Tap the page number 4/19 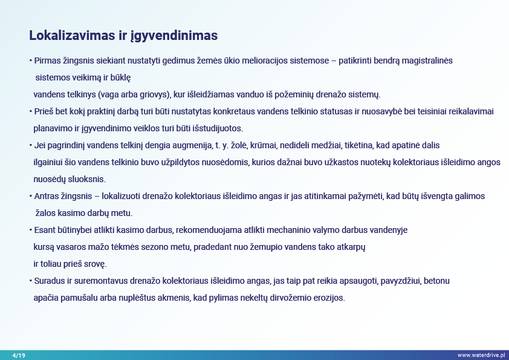(19, 355)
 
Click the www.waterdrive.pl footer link (481, 355)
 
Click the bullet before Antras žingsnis (31, 196)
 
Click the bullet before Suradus (31, 281)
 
